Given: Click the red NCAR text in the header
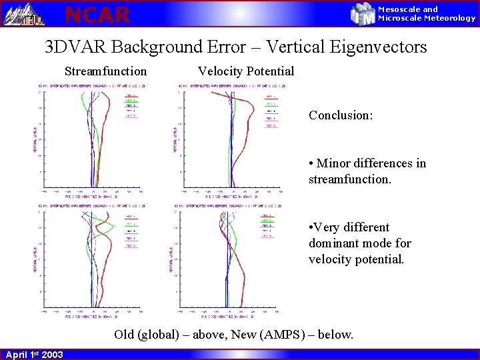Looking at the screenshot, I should pos(97,14).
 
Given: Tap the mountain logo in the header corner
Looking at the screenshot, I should pos(24,13).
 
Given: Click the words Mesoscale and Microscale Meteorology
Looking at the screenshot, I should pos(427,14).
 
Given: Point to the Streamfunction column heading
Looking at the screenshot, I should pos(105,71).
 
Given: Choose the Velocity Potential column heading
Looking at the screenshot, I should pos(245,71).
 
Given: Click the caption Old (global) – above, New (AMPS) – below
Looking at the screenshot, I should pos(233,334).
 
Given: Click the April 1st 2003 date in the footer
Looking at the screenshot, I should pos(34,355).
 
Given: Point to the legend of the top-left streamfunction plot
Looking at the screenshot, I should pos(131,105).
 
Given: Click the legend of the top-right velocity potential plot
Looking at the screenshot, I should pos(271,111).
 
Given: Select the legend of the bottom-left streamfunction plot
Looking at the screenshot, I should pos(131,231).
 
